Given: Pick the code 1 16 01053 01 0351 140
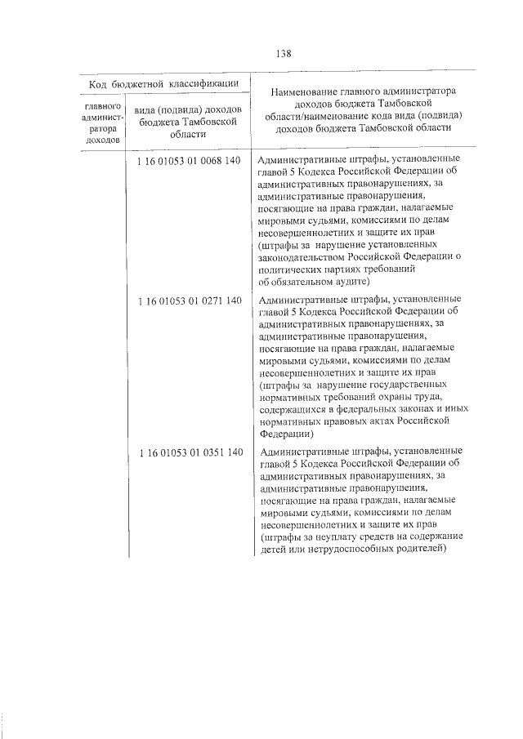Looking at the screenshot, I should click(190, 452).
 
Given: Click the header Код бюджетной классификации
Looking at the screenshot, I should click(163, 83).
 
